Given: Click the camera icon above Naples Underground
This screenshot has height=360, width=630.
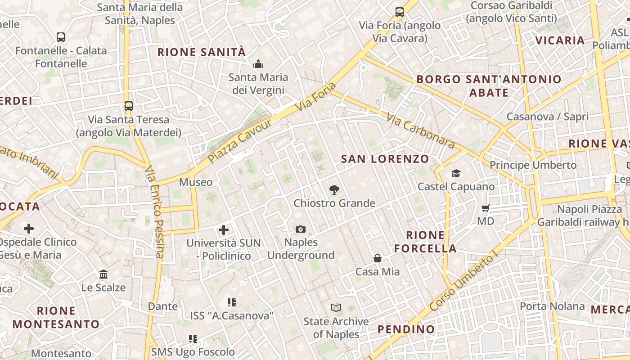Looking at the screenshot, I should point(301,229).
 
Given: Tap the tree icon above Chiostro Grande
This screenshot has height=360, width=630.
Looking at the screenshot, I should point(334,190).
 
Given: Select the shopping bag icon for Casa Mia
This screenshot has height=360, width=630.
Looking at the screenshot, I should point(378,258).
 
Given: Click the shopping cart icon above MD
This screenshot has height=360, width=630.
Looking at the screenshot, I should point(486,208).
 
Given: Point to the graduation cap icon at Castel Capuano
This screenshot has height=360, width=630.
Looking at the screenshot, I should point(456,173).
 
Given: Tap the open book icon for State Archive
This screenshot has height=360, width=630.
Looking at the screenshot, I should point(336,308).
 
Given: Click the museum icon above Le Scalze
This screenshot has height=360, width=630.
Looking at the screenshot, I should point(103,274).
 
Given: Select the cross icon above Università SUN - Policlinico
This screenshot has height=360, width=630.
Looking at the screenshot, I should point(224,230).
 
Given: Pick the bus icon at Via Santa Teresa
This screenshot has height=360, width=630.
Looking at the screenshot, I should point(129,106).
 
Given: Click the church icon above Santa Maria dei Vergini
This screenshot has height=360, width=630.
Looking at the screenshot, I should point(258,64).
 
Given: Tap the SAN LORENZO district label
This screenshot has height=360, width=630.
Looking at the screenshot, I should point(385,159).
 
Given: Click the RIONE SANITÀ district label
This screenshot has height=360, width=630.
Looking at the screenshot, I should point(202,52).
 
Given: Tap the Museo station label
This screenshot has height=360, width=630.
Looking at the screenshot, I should point(196,182).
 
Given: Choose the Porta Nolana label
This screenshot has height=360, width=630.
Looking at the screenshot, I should point(552,306).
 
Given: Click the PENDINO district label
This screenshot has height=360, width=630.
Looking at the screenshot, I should point(406,329).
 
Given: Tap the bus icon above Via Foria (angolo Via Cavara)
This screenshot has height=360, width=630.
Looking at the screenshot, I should point(400,12).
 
